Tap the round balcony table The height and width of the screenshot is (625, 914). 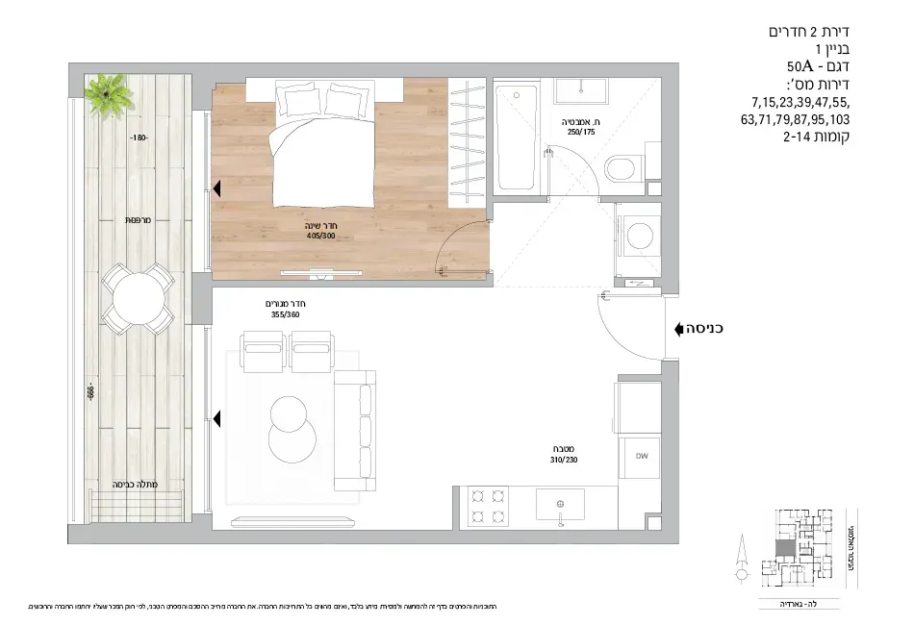[139, 300]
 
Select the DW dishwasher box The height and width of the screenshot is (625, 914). [640, 456]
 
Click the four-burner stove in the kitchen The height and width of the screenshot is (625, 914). [486, 507]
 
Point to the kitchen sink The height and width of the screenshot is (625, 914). [560, 504]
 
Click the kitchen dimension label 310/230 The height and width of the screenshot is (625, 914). [563, 461]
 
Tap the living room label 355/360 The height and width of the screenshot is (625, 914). [288, 313]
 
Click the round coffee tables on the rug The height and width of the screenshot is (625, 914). [291, 429]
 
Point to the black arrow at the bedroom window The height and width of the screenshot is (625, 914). [217, 189]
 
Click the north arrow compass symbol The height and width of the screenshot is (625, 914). [740, 563]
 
